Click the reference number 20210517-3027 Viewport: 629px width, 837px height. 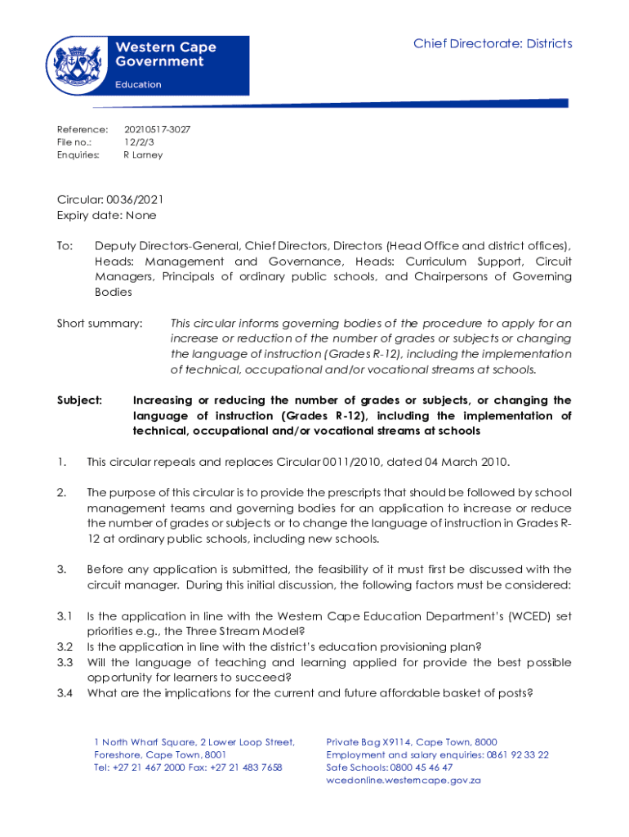click(x=157, y=129)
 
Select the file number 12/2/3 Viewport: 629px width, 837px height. click(x=135, y=141)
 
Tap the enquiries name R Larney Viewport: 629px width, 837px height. click(x=143, y=154)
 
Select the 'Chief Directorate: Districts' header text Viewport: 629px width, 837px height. click(x=493, y=43)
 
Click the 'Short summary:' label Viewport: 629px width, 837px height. click(x=99, y=324)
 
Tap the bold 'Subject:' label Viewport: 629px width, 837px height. click(x=79, y=401)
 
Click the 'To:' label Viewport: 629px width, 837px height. click(x=65, y=245)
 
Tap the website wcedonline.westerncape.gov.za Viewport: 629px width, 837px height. click(x=404, y=781)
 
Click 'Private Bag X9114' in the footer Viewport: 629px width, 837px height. click(x=368, y=741)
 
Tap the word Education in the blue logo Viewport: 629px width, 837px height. click(x=138, y=84)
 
